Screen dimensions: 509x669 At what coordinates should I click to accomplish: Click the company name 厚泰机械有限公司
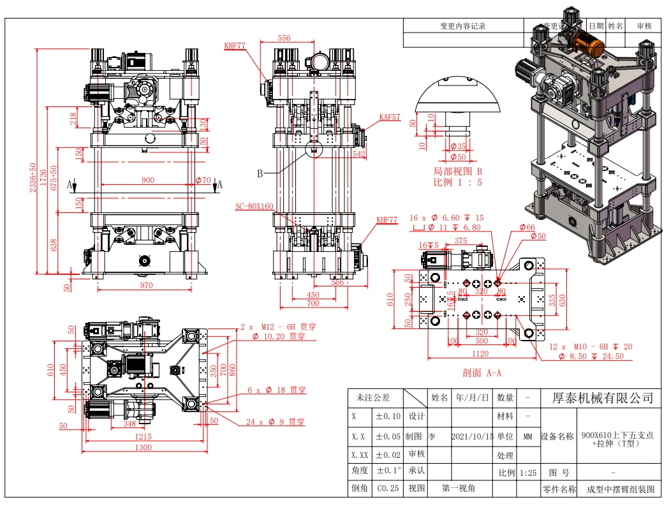602,398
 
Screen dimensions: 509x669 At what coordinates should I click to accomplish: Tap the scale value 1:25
527,473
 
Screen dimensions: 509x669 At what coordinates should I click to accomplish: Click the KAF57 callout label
389,117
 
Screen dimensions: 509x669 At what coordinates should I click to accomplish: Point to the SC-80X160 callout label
254,206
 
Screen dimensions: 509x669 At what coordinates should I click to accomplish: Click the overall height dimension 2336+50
33,181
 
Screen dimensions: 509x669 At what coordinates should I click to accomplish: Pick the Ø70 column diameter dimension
202,181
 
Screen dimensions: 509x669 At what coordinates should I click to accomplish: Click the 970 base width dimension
146,285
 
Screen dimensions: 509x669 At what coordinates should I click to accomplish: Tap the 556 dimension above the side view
284,38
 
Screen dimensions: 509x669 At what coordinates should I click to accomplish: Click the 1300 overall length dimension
143,447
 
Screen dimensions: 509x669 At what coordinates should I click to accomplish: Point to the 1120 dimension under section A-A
481,353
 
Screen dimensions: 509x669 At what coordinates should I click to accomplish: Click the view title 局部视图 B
457,172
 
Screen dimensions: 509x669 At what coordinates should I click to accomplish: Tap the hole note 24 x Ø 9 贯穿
276,422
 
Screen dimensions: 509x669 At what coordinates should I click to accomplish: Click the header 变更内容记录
462,26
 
